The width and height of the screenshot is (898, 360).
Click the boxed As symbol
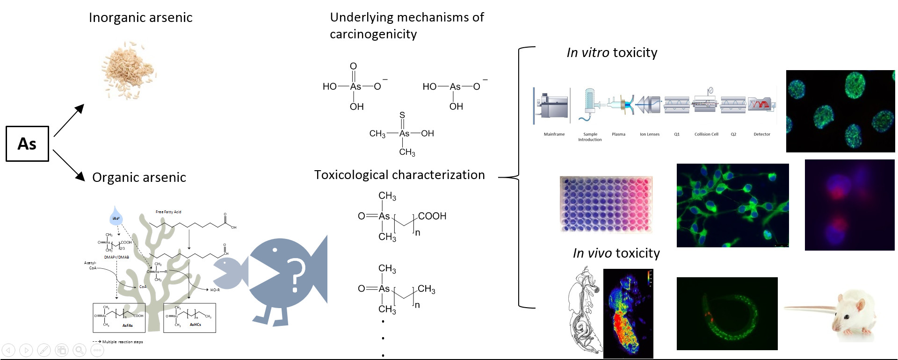click(x=27, y=144)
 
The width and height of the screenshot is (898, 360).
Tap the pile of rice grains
click(x=129, y=71)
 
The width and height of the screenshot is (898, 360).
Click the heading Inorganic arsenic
click(x=140, y=18)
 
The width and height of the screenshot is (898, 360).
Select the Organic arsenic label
click(x=139, y=178)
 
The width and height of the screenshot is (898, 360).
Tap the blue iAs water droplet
click(x=115, y=216)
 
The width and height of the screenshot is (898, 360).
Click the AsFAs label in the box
click(x=127, y=325)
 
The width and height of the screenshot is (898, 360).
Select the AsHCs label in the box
click(x=195, y=324)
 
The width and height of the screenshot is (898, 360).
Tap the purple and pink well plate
click(x=606, y=204)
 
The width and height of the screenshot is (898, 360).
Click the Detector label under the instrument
click(x=761, y=134)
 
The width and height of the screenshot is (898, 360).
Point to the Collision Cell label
click(x=706, y=134)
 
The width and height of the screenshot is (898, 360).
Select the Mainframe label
click(x=554, y=134)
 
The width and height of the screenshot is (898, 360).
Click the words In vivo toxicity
click(x=616, y=253)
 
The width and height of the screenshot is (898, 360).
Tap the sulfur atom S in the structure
click(x=402, y=115)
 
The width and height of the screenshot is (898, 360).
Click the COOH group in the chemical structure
click(x=432, y=216)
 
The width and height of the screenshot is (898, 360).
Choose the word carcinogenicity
click(x=373, y=34)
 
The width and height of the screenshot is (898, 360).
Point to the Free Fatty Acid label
click(x=168, y=212)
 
